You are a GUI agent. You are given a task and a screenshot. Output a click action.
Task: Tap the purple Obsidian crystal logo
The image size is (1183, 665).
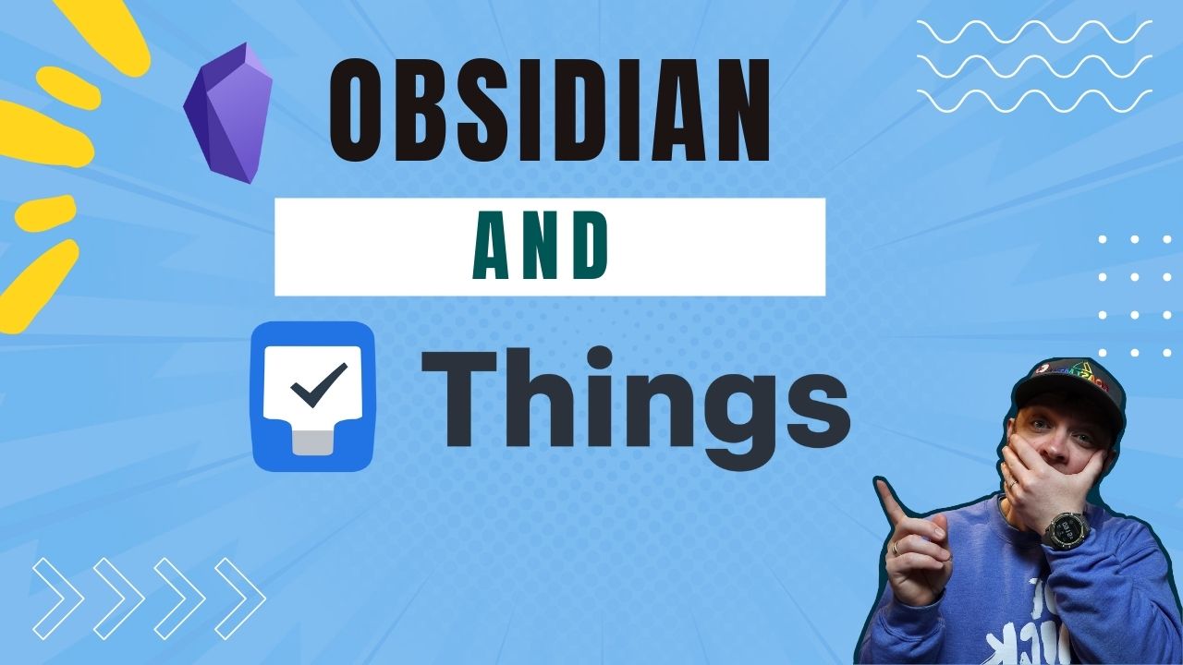coord(227,112)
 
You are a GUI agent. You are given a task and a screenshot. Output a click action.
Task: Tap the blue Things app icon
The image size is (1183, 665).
coord(313,396)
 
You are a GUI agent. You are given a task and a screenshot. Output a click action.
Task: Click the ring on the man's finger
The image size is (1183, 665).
coord(895,548)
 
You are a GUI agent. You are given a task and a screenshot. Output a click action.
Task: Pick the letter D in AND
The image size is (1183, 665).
coord(588,248)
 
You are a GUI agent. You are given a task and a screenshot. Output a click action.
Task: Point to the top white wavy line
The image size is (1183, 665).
coord(1034,33)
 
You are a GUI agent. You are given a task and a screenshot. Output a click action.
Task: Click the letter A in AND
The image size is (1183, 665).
coord(492,248)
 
